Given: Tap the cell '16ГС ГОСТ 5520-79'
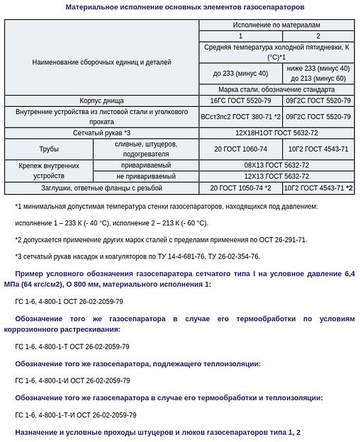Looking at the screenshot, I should (240, 101).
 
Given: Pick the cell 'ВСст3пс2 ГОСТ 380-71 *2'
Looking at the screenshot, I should (240, 116).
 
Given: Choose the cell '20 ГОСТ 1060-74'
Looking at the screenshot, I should (240, 149).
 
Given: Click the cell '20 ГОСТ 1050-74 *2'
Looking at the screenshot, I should (240, 188).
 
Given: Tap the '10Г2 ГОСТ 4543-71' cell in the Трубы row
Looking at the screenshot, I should (318, 149).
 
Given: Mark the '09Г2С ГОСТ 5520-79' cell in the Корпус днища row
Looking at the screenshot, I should (318, 101).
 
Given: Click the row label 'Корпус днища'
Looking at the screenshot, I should (101, 101).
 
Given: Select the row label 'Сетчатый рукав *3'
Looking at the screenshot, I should (101, 132).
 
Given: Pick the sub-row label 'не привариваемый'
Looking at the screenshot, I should (146, 176).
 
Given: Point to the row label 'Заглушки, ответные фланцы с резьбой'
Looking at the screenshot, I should (101, 188).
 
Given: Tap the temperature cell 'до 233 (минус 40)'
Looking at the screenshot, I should (240, 73).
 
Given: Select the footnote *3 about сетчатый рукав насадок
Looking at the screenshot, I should (137, 256).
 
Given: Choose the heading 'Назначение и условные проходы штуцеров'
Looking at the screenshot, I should (158, 432).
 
